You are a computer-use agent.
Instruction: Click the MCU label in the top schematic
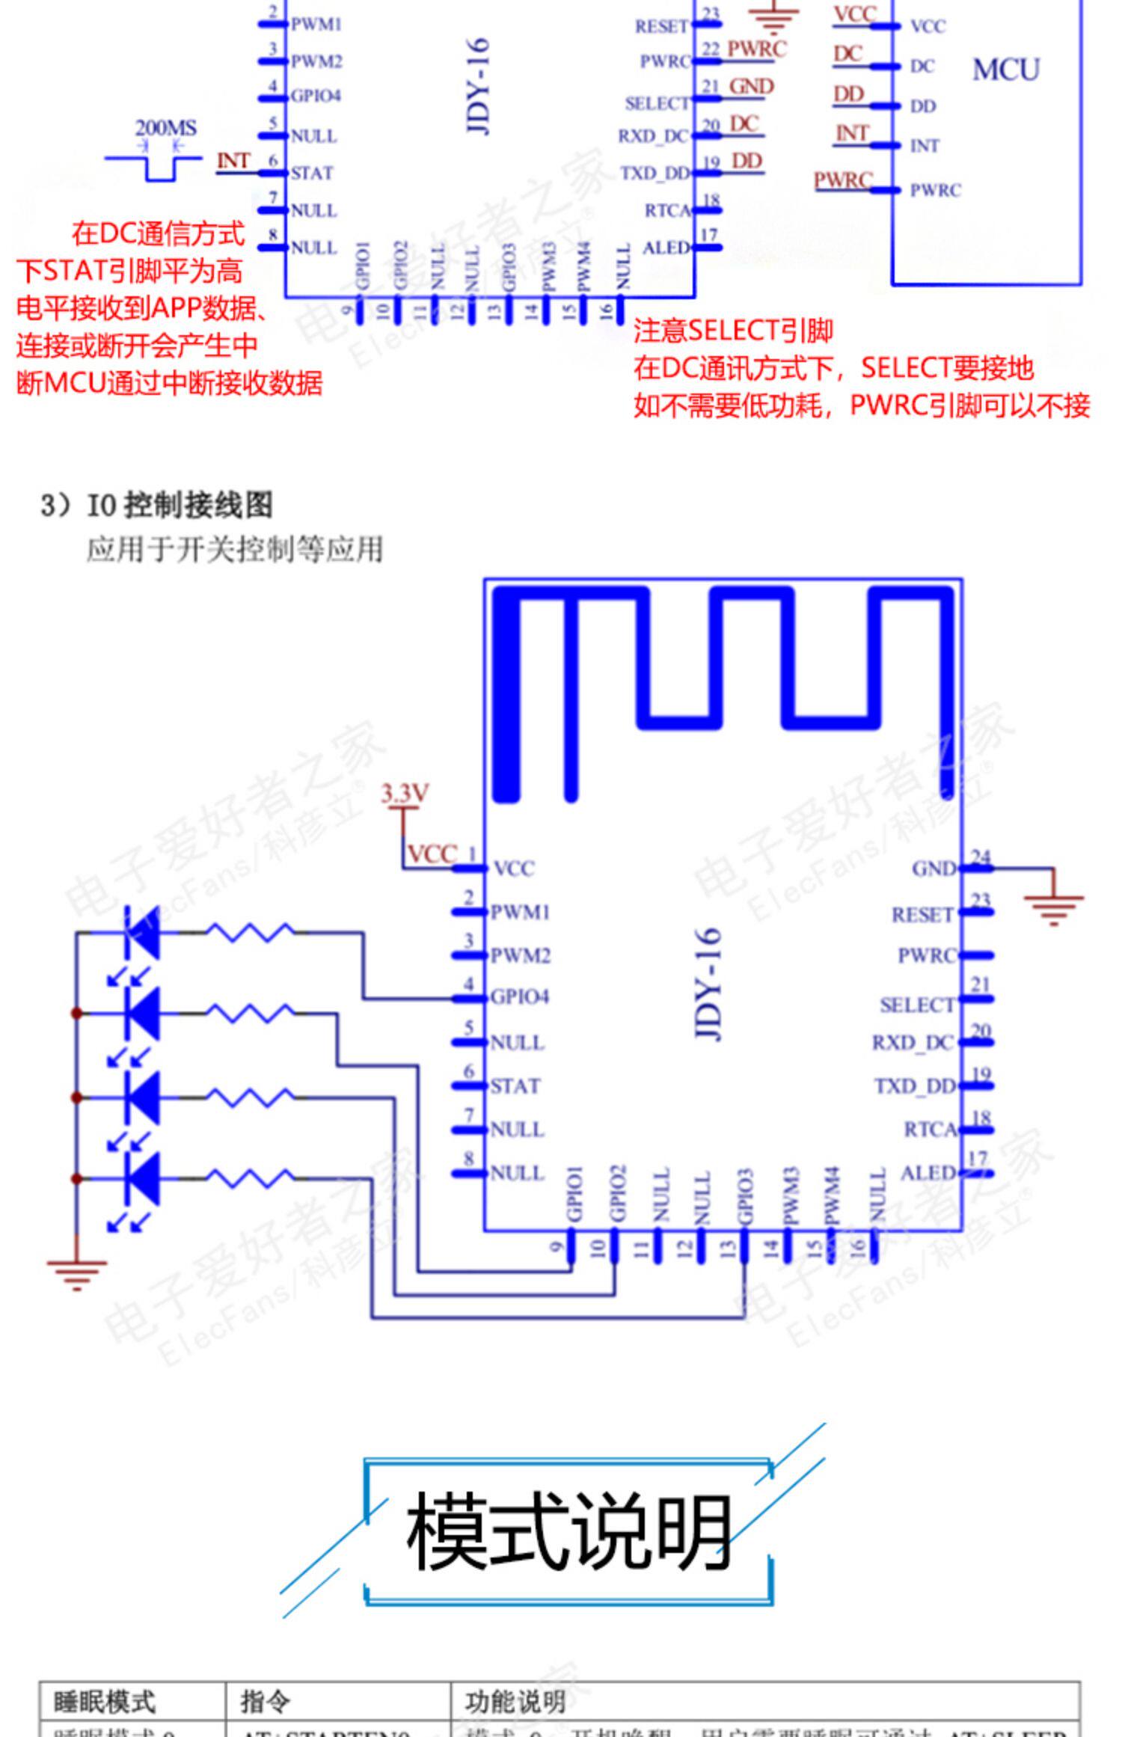[x=1005, y=70]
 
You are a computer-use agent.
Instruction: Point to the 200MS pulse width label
[x=165, y=128]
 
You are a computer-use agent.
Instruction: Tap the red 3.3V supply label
[x=405, y=793]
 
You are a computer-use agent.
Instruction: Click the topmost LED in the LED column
[x=143, y=933]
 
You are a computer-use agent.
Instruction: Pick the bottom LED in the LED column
[x=143, y=1179]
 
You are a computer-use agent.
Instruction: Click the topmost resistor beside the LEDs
[x=250, y=933]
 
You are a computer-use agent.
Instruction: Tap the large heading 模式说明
[x=568, y=1531]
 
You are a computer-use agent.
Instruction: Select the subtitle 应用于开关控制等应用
[x=234, y=550]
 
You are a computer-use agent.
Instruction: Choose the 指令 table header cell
[x=265, y=1702]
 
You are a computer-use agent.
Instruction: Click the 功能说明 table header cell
[x=515, y=1702]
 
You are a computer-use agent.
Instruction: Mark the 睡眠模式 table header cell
[x=104, y=1702]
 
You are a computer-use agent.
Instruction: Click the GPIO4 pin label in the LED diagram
[x=519, y=997]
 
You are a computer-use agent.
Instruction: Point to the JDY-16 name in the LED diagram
[x=708, y=984]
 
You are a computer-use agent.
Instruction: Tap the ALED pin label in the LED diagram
[x=928, y=1173]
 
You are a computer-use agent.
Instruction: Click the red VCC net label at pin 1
[x=432, y=854]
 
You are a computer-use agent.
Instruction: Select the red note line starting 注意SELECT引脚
[x=733, y=331]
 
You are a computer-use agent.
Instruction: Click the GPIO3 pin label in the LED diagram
[x=744, y=1195]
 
